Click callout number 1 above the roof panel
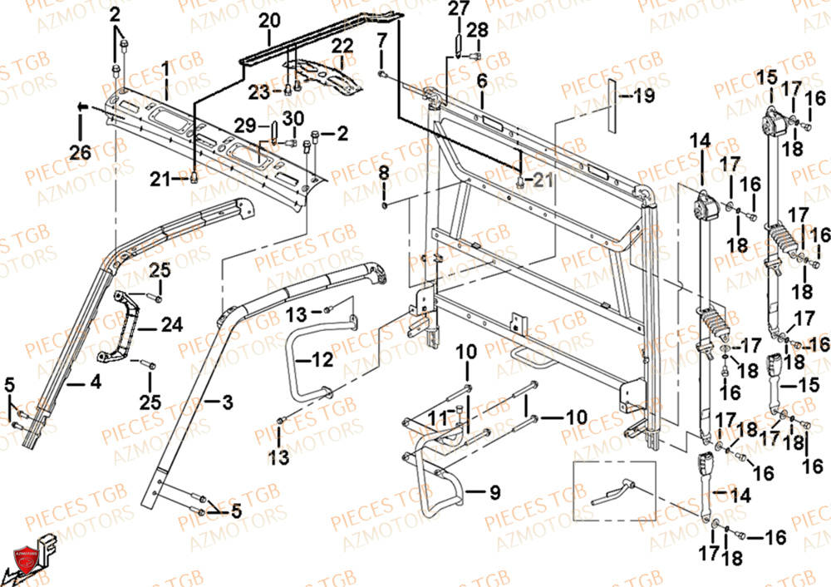[x=165, y=67]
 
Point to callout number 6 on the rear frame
[x=480, y=81]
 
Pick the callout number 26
[x=80, y=152]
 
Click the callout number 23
[x=261, y=92]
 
